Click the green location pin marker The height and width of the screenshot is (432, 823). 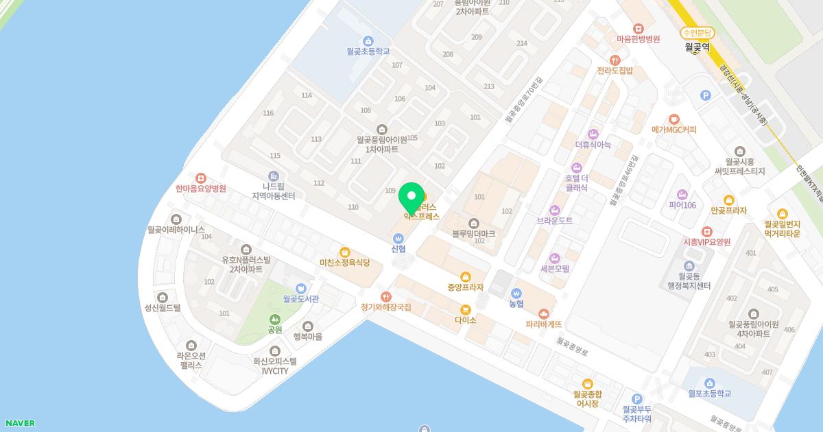pyautogui.click(x=411, y=197)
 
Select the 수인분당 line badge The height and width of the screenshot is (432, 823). pyautogui.click(x=697, y=33)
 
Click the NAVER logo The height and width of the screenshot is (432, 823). pyautogui.click(x=19, y=423)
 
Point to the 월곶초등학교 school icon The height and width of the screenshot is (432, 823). pyautogui.click(x=368, y=41)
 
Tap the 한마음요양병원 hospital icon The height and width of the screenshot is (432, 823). pyautogui.click(x=200, y=178)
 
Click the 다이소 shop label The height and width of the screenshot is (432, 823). pyautogui.click(x=465, y=320)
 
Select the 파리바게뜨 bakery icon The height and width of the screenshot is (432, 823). pyautogui.click(x=544, y=314)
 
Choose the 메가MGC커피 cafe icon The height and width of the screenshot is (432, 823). pyautogui.click(x=674, y=119)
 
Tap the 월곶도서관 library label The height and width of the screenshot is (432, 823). pyautogui.click(x=300, y=299)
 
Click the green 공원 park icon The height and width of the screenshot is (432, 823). pyautogui.click(x=275, y=320)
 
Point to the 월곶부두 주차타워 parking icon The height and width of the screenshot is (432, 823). pyautogui.click(x=636, y=399)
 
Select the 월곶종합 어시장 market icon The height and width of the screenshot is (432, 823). pyautogui.click(x=587, y=384)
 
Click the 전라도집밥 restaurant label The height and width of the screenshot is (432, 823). pyautogui.click(x=615, y=71)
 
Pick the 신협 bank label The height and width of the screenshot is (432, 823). pyautogui.click(x=398, y=249)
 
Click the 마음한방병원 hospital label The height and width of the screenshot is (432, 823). pyautogui.click(x=638, y=40)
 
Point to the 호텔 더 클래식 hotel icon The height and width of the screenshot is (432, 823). pyautogui.click(x=577, y=168)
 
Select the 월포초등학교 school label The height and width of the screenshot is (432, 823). pyautogui.click(x=709, y=394)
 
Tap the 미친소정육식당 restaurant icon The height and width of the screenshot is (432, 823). pyautogui.click(x=344, y=252)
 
